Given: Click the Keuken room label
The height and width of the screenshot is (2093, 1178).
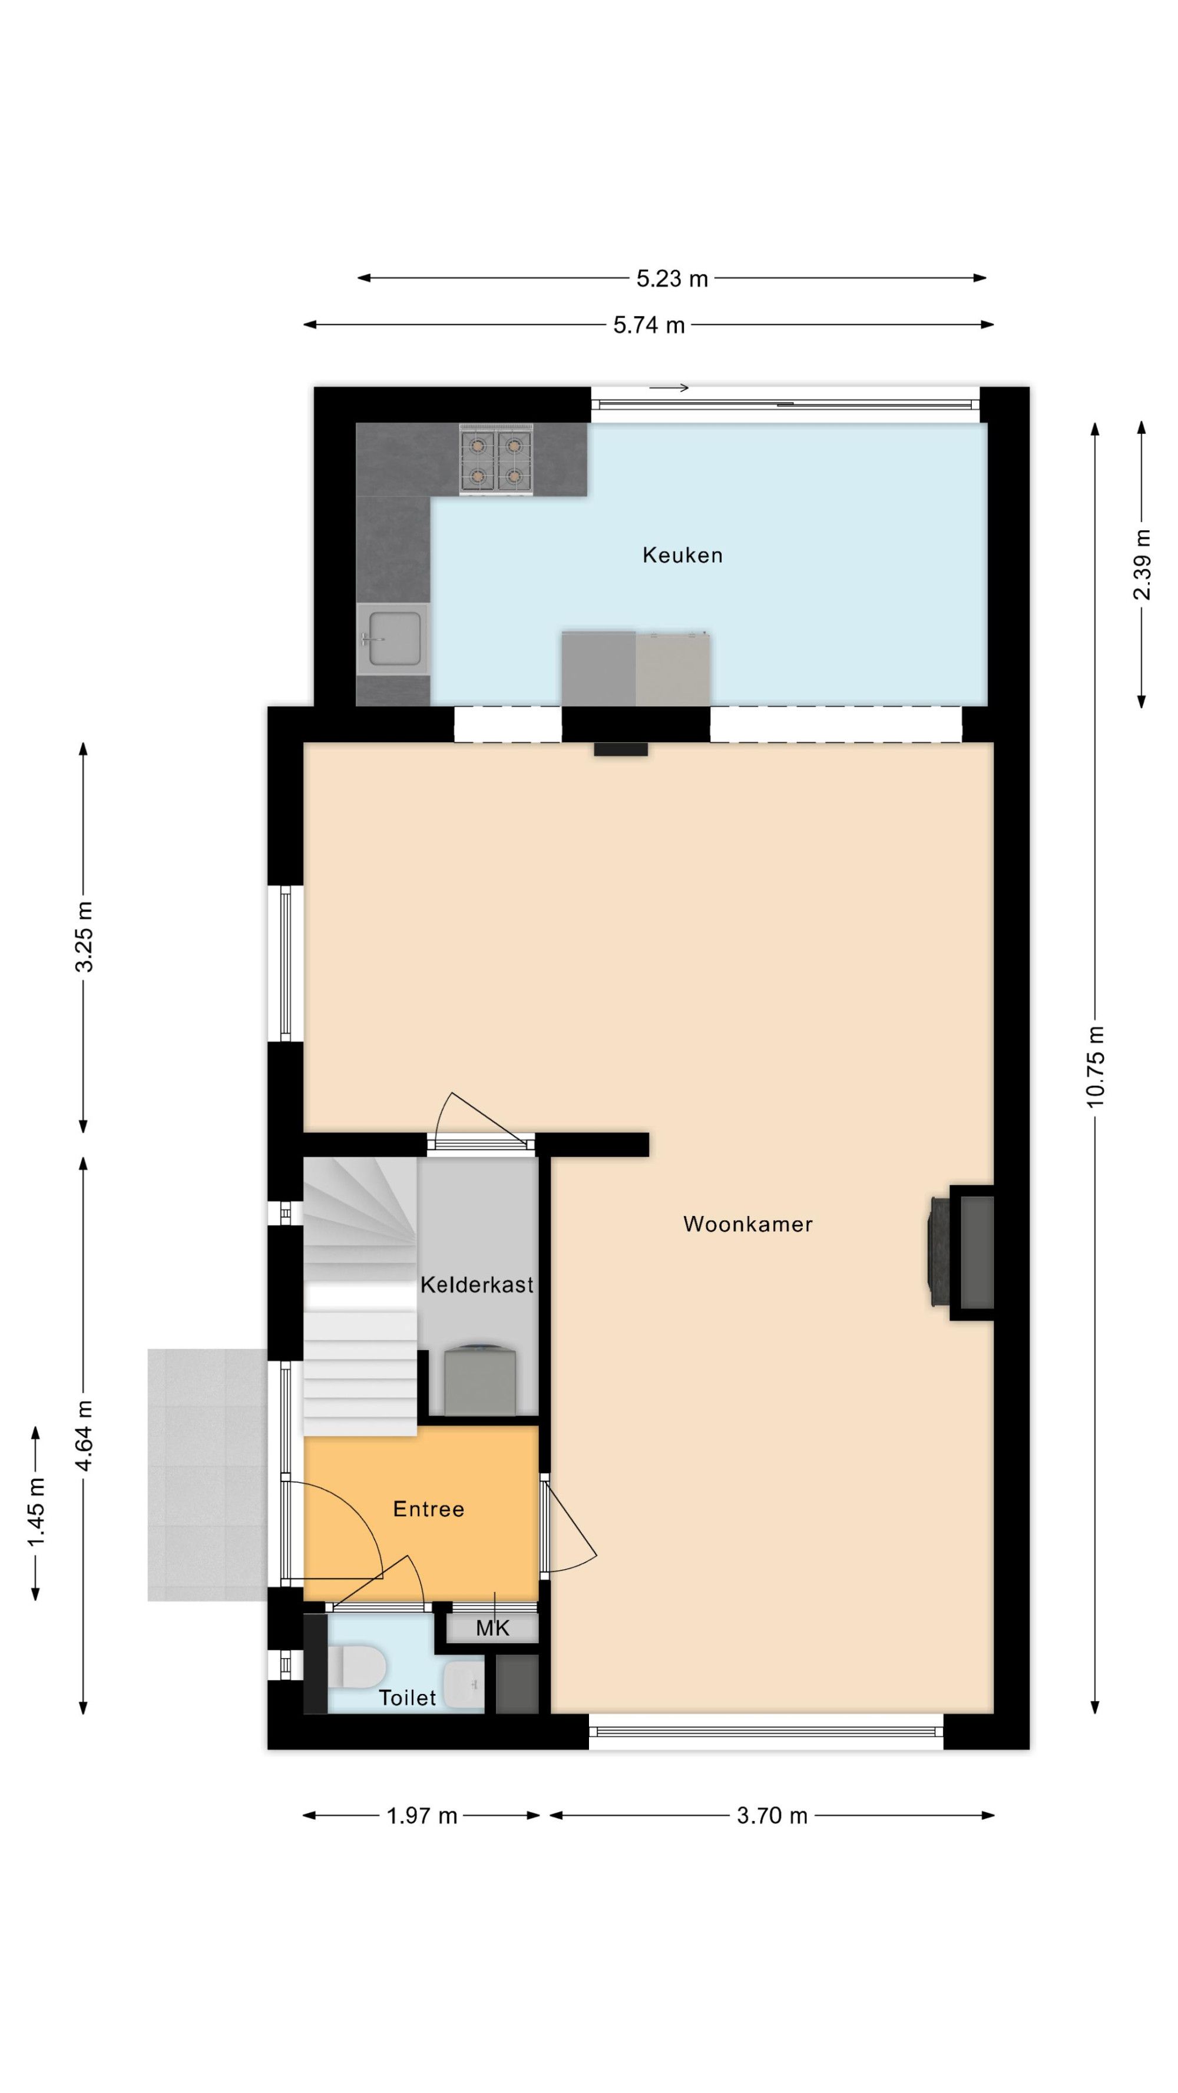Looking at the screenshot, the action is (681, 555).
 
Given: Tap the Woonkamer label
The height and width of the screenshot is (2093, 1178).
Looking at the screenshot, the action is (747, 1224).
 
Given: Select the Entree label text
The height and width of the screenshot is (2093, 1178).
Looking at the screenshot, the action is (428, 1509).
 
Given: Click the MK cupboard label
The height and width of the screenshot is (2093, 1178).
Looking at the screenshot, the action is (492, 1627).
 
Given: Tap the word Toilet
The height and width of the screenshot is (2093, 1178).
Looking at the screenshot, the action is (408, 1697).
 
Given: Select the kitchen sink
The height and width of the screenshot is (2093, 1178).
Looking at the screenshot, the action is (393, 639).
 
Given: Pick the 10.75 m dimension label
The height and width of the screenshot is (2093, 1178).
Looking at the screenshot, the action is (1095, 1066).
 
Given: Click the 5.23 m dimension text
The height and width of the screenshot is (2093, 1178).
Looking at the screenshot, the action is (671, 278).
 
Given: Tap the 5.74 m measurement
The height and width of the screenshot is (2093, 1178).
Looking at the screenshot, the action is (648, 325).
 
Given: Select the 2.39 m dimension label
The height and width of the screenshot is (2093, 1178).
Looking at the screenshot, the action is (1141, 564).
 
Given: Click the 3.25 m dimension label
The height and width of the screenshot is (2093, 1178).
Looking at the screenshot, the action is (84, 936).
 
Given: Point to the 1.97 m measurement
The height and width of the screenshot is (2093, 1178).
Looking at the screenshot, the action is (421, 1816).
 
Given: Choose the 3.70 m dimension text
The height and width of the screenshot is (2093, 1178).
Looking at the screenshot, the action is (772, 1816).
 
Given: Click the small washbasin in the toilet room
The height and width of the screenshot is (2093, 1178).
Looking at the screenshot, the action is (464, 1683).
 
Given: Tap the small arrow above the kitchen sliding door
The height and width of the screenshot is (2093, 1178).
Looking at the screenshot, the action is (669, 387).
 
